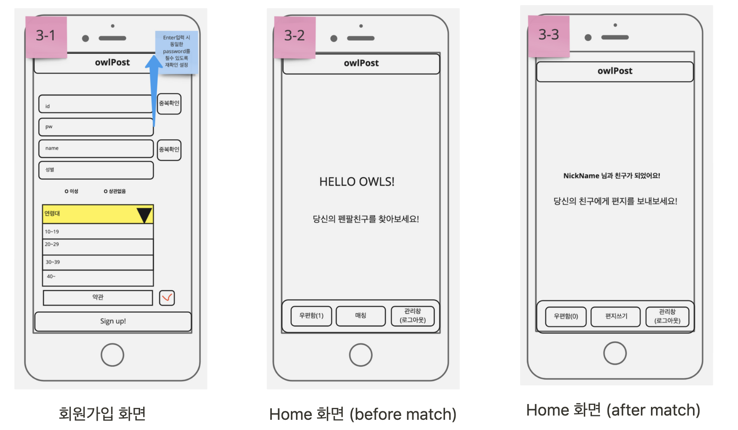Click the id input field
click(x=96, y=104)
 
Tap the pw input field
click(x=96, y=127)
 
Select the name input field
click(x=96, y=148)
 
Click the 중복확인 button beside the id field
click(x=169, y=104)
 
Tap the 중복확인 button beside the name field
click(x=169, y=150)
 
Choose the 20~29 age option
click(x=98, y=246)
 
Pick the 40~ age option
click(x=98, y=277)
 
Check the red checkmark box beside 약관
click(x=167, y=297)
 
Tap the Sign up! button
click(x=113, y=321)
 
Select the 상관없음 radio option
click(x=106, y=192)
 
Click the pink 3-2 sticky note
click(x=295, y=37)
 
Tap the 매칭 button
click(x=361, y=316)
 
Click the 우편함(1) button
click(x=311, y=316)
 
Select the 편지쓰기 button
click(x=616, y=316)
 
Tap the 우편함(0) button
click(x=566, y=316)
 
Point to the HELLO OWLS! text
click(x=357, y=182)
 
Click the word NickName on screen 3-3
click(x=581, y=176)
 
